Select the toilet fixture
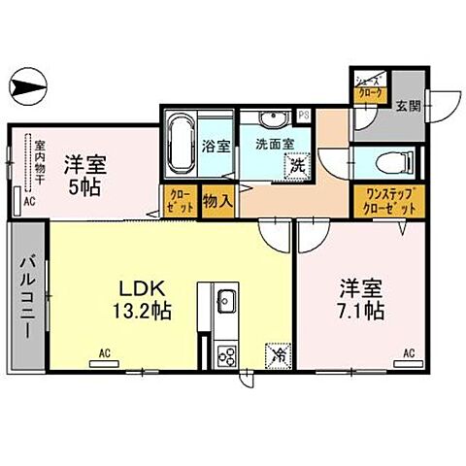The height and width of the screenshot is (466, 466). point(398,160)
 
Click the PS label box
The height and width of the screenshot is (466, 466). point(305,115)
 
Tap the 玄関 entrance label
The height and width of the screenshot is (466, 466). point(408,107)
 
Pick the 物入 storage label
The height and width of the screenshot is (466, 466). point(216,201)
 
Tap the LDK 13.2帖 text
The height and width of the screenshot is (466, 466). point(145,300)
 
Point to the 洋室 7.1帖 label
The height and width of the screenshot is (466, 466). point(360,299)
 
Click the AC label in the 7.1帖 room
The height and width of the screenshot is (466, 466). point(409,353)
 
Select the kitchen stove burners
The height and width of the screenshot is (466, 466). point(224,355)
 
